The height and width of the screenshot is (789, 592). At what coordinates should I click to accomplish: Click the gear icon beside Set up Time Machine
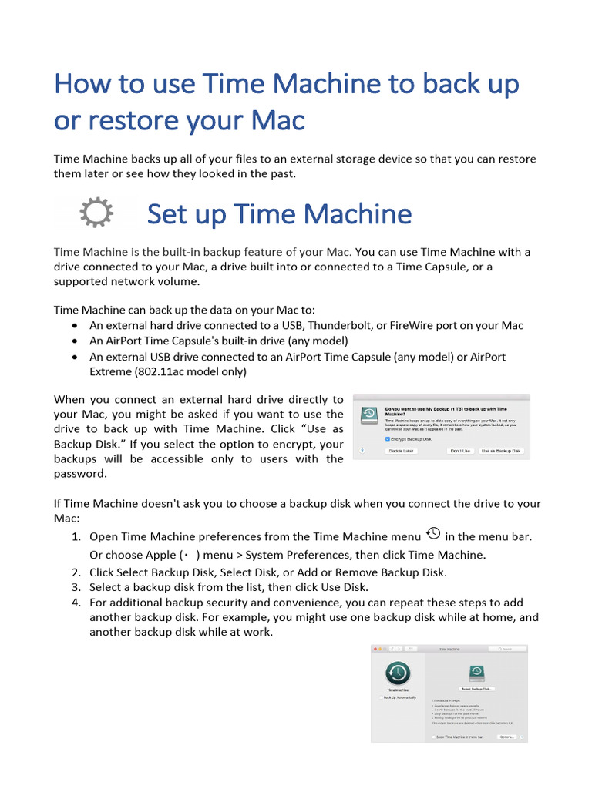[x=97, y=213]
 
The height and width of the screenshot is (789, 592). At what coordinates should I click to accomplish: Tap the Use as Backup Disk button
[x=500, y=451]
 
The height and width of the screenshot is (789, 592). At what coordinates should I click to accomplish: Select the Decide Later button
[x=402, y=451]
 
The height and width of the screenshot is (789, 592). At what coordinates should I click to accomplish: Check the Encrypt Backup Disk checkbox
[x=388, y=438]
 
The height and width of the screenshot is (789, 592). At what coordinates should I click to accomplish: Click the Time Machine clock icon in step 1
[x=433, y=533]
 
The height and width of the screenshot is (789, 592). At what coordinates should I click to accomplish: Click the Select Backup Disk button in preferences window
[x=477, y=689]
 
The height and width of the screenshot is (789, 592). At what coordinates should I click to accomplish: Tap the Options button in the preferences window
[x=506, y=737]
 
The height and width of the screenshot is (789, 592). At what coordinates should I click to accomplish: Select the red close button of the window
[x=375, y=650]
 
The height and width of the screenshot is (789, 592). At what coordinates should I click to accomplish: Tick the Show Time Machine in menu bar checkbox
[x=433, y=737]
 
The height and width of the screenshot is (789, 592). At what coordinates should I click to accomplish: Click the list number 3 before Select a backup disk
[x=76, y=587]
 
